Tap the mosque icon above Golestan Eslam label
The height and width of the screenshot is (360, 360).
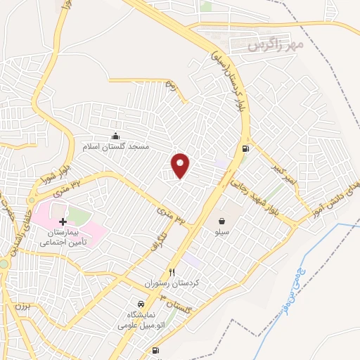tap(116, 136)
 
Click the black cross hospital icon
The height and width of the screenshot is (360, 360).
tap(63, 221)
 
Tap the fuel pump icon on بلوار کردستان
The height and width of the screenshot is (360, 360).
tap(245, 148)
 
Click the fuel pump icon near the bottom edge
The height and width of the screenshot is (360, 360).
tap(155, 350)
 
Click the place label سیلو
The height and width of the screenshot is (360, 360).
tap(221, 231)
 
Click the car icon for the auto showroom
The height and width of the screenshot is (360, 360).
tap(141, 304)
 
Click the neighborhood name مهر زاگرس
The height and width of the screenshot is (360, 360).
tap(274, 46)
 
